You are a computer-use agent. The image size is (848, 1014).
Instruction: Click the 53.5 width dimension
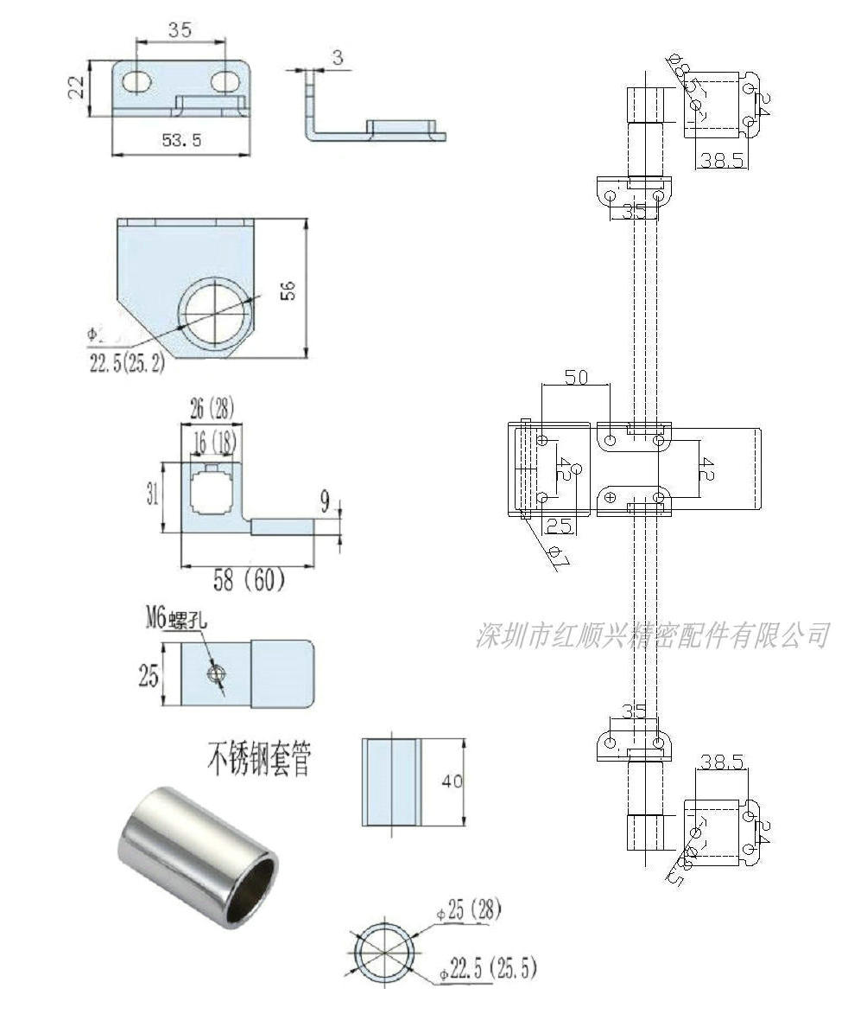tap(180, 139)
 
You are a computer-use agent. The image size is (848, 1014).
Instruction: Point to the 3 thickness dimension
tap(337, 57)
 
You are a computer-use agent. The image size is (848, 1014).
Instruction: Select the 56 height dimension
tap(289, 290)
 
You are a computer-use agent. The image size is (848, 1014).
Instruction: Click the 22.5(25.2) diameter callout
tap(126, 361)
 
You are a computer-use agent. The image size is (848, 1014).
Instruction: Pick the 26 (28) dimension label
tap(212, 405)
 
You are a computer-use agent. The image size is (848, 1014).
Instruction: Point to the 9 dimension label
tap(325, 499)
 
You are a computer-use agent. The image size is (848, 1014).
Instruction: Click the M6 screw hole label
tap(175, 619)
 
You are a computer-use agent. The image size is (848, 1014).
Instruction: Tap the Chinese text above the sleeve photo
tap(257, 760)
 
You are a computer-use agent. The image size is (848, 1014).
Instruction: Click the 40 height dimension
tap(452, 781)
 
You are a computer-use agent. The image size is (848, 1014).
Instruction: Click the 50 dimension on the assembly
tap(575, 377)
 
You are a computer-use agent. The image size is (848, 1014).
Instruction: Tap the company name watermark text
tap(652, 635)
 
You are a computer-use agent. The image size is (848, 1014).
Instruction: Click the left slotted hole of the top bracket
tap(136, 81)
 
